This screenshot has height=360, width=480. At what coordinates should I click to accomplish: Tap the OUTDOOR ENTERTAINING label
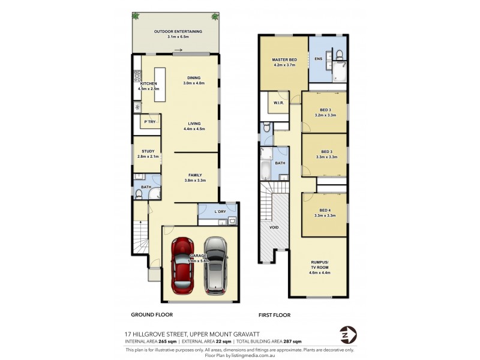[178, 31]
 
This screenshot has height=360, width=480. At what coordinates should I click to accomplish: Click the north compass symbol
[347, 334]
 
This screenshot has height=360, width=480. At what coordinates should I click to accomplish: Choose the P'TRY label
[150, 122]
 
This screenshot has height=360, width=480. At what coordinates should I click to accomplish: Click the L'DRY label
[219, 211]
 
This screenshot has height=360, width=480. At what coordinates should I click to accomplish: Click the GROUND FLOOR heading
[152, 314]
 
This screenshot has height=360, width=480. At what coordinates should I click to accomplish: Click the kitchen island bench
[159, 85]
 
